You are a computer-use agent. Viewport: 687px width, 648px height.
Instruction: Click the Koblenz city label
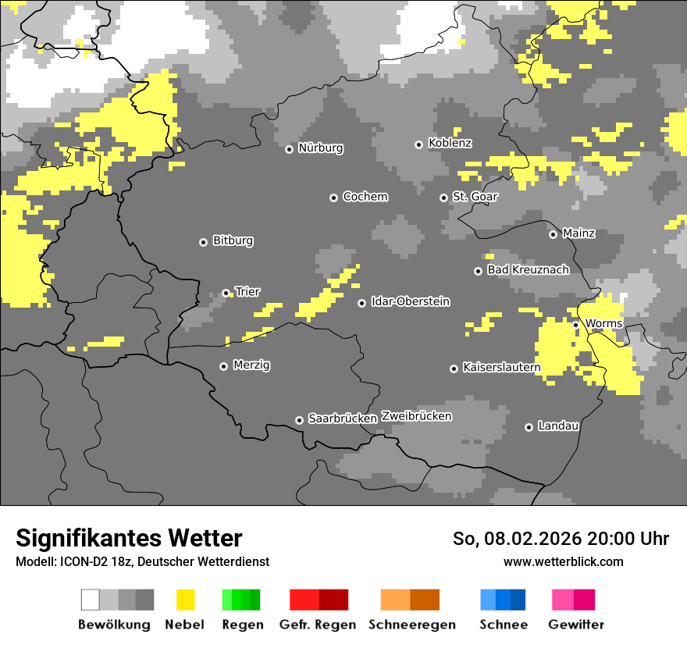[x=450, y=144]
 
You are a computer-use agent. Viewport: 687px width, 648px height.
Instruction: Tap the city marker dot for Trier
[x=226, y=294]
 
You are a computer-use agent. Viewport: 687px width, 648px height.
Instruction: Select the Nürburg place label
[x=320, y=148]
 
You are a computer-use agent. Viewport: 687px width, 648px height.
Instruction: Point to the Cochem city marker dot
[x=333, y=198]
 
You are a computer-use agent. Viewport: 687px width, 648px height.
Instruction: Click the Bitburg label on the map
[x=233, y=241]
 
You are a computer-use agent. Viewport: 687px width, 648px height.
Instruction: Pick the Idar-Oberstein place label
[x=410, y=302]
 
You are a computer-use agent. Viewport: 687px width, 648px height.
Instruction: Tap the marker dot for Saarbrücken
[x=299, y=420]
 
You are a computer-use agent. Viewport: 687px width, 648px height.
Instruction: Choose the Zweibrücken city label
[x=416, y=416]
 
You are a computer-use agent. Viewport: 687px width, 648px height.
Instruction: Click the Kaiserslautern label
[x=501, y=368]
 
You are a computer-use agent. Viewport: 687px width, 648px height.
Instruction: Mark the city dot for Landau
[x=529, y=427]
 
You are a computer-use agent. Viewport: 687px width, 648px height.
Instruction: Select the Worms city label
[x=603, y=324]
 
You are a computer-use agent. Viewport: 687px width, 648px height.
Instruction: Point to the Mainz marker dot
[x=553, y=234]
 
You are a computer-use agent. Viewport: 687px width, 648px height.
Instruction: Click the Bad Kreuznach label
[x=528, y=270]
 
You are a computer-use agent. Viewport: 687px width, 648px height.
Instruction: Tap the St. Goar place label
[x=475, y=197]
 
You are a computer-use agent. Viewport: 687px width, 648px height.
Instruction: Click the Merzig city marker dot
[x=223, y=366]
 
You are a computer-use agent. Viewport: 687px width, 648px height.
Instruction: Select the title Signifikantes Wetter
[x=129, y=539]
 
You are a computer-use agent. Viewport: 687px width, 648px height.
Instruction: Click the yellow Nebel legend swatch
[x=185, y=600]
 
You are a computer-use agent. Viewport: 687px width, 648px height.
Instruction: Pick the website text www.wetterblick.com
[x=563, y=562]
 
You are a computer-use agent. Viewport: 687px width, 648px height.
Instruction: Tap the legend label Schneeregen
[x=411, y=625]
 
